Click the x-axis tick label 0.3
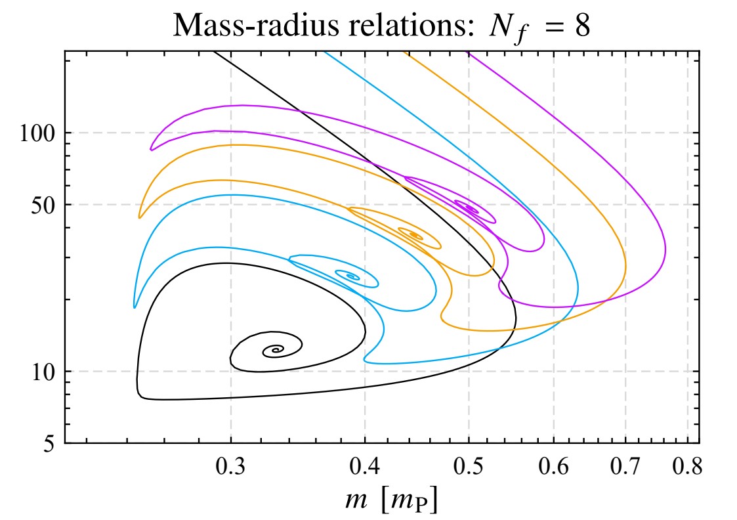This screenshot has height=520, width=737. click(x=230, y=467)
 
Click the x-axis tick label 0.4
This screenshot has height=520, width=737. click(x=365, y=467)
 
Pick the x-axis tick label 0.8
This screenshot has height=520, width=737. click(x=687, y=467)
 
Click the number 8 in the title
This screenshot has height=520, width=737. click(x=582, y=28)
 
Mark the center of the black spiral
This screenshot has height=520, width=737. click(x=275, y=351)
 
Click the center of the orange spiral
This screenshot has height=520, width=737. click(x=415, y=234)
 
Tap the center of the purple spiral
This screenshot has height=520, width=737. click(x=471, y=209)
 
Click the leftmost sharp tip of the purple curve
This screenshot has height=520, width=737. click(x=151, y=150)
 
